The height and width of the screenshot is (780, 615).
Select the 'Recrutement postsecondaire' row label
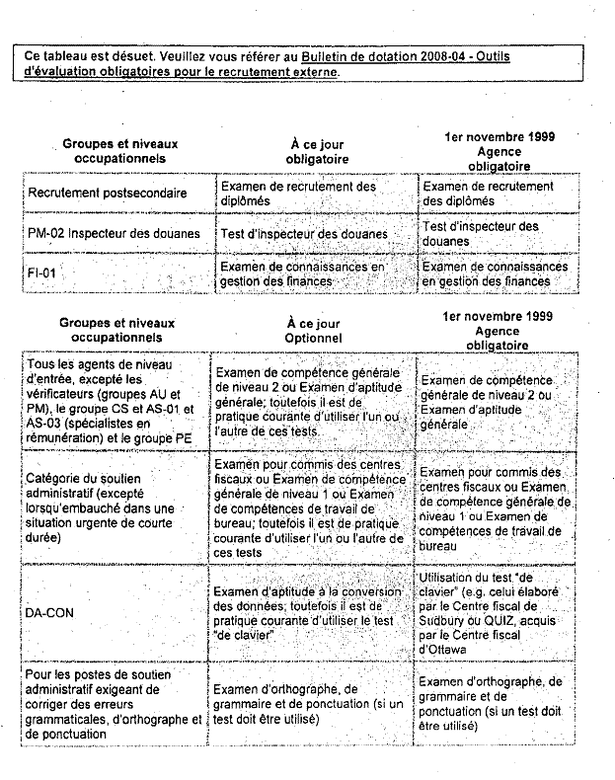pyautogui.click(x=108, y=194)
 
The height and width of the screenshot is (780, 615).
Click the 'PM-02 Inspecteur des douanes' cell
pyautogui.click(x=114, y=234)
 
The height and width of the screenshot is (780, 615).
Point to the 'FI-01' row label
pyautogui.click(x=42, y=273)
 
